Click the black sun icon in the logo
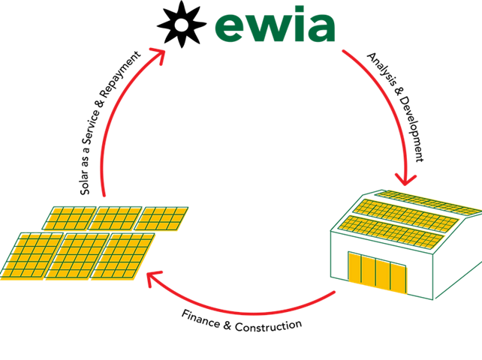tap(182, 24)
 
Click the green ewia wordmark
tap(275, 24)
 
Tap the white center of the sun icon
tap(181, 25)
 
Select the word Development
tap(411, 129)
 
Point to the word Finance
tap(200, 319)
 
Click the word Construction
tap(268, 325)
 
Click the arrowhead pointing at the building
tap(405, 180)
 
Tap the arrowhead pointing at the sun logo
tap(158, 55)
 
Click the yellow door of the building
tap(378, 272)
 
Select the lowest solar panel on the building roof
tap(391, 232)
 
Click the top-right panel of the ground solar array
tap(161, 219)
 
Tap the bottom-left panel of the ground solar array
tap(32, 256)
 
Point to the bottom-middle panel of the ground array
tap(77, 256)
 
